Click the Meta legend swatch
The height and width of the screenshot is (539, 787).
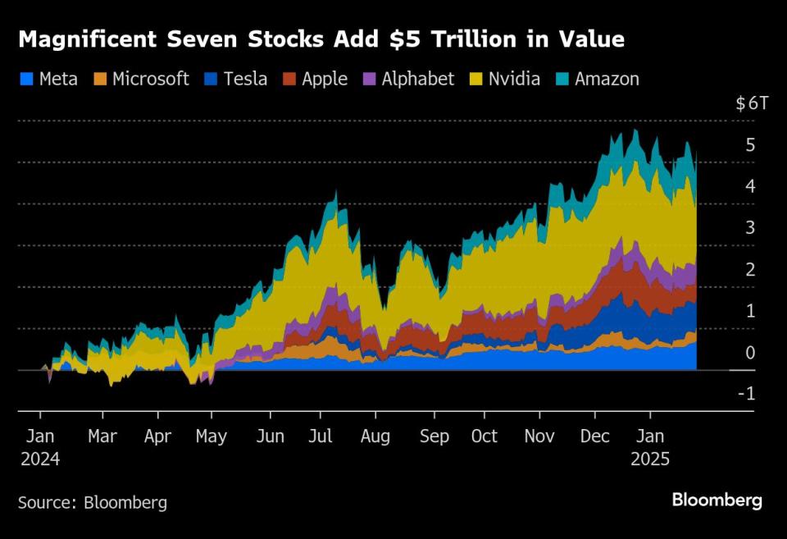point(25,80)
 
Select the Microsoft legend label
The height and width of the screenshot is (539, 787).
point(151,79)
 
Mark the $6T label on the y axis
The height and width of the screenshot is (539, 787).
point(753,103)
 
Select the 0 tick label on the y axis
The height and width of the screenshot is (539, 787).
point(750,353)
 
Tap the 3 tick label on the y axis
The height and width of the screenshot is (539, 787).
point(750,227)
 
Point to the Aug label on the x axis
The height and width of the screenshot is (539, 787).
point(375,436)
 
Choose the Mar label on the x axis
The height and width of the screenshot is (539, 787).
point(102,436)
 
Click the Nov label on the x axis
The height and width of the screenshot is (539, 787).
point(539,436)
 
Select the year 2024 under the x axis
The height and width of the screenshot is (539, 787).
point(40,459)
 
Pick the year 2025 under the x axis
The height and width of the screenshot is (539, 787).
point(650,459)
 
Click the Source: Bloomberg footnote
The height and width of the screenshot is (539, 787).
point(92,502)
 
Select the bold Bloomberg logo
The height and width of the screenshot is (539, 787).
point(716,500)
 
